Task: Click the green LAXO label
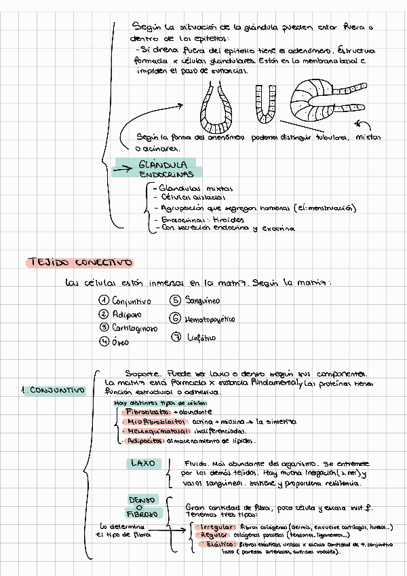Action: pyautogui.click(x=142, y=464)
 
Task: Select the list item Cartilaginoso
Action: pyautogui.click(x=134, y=328)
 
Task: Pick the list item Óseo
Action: pyautogui.click(x=119, y=342)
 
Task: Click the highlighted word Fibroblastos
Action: pyautogui.click(x=147, y=412)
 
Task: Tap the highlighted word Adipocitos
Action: pyautogui.click(x=145, y=441)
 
